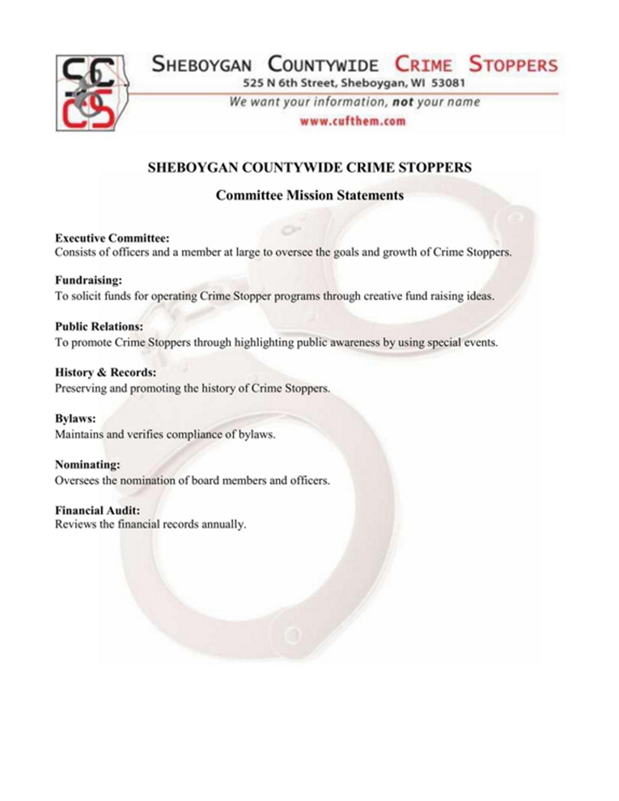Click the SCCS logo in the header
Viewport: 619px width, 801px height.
(90, 91)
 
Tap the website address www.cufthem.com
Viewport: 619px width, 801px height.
(352, 121)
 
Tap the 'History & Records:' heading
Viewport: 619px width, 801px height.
(105, 374)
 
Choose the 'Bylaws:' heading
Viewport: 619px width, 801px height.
(75, 419)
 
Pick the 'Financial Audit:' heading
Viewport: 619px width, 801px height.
(97, 511)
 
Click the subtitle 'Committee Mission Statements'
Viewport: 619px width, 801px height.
(310, 195)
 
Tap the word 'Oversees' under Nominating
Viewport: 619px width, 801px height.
(78, 479)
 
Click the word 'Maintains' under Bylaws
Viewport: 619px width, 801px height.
(80, 434)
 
